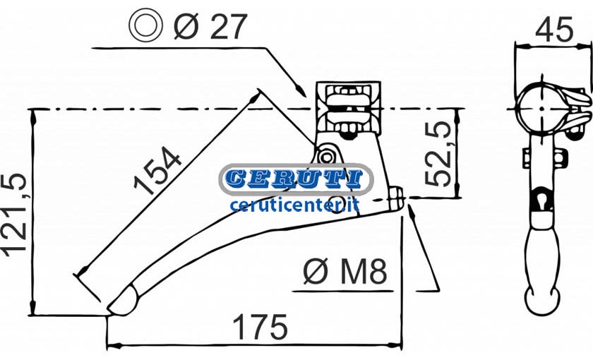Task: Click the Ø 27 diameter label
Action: click(210, 26)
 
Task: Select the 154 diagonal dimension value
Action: click(157, 171)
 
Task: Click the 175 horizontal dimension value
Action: click(260, 326)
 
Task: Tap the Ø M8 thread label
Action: click(345, 272)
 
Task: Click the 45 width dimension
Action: click(554, 30)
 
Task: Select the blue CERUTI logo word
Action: click(296, 179)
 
